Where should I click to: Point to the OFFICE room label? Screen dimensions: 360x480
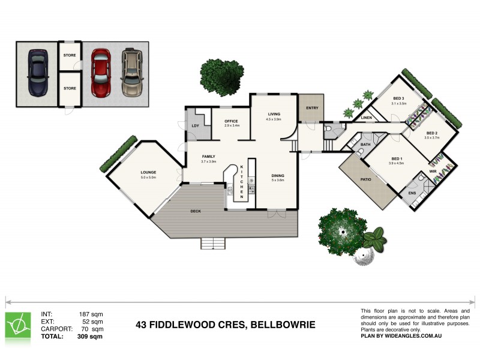232,121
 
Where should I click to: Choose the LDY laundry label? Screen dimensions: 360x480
195,125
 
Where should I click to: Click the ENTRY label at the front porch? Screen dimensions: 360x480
312,108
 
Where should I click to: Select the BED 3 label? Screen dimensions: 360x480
398,98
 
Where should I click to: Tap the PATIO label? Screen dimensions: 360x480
366,179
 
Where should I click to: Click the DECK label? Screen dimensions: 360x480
196,211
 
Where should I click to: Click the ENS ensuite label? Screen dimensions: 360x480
412,193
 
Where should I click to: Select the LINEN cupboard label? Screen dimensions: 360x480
367,118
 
